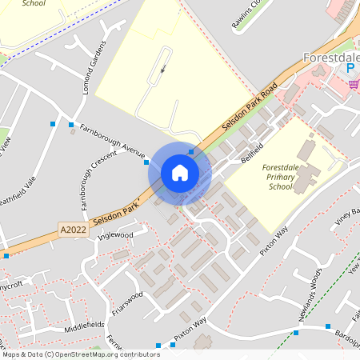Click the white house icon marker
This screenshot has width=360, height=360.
point(180,173)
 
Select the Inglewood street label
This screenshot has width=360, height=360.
point(114,235)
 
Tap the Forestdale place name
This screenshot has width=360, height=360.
point(330,58)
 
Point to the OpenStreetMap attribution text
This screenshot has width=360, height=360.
point(81,354)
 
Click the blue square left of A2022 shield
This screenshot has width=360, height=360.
point(6,256)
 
